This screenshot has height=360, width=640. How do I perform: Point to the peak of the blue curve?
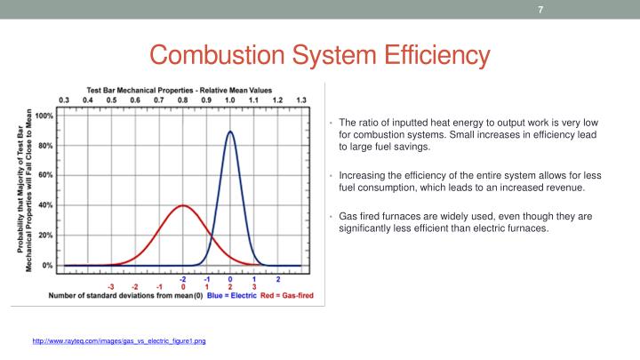[230, 132]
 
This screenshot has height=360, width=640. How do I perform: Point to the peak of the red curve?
[183, 205]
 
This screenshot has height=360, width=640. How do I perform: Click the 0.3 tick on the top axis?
[64, 100]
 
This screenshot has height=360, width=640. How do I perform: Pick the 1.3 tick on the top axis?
[301, 100]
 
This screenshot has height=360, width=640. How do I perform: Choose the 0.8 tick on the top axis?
[183, 100]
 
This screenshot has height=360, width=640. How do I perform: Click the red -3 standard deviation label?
[110, 287]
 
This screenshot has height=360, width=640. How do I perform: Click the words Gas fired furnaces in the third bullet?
[378, 216]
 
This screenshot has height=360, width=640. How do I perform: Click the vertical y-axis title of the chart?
[26, 191]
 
